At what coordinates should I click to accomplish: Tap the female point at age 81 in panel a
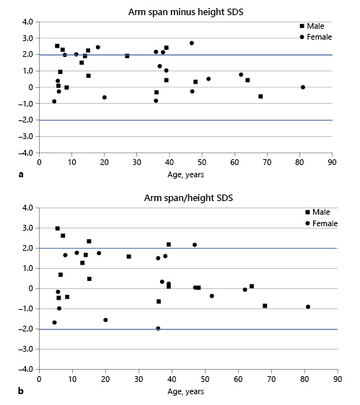(x=303, y=87)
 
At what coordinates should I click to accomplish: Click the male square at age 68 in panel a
(x=260, y=97)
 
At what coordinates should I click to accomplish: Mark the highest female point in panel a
(x=192, y=43)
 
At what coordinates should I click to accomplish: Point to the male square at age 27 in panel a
(x=127, y=55)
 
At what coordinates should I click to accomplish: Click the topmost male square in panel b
(x=58, y=228)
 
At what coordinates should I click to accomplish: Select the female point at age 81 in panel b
(x=308, y=306)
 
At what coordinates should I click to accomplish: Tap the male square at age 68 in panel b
(x=265, y=306)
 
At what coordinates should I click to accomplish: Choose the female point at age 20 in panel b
(x=105, y=320)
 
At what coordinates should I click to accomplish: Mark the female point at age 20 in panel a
(x=104, y=97)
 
